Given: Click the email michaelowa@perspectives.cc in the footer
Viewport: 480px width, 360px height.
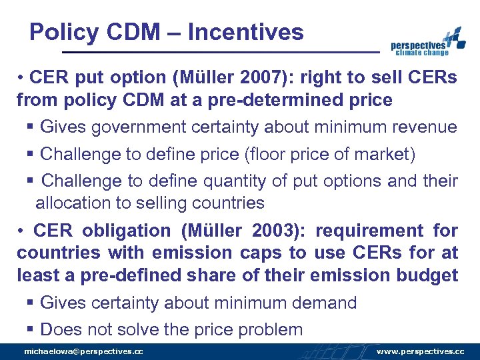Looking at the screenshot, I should pyautogui.click(x=83, y=351).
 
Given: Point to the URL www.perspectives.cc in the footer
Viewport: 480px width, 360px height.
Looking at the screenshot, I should pyautogui.click(x=421, y=351).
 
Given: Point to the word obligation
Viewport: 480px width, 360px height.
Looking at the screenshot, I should pyautogui.click(x=127, y=231).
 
